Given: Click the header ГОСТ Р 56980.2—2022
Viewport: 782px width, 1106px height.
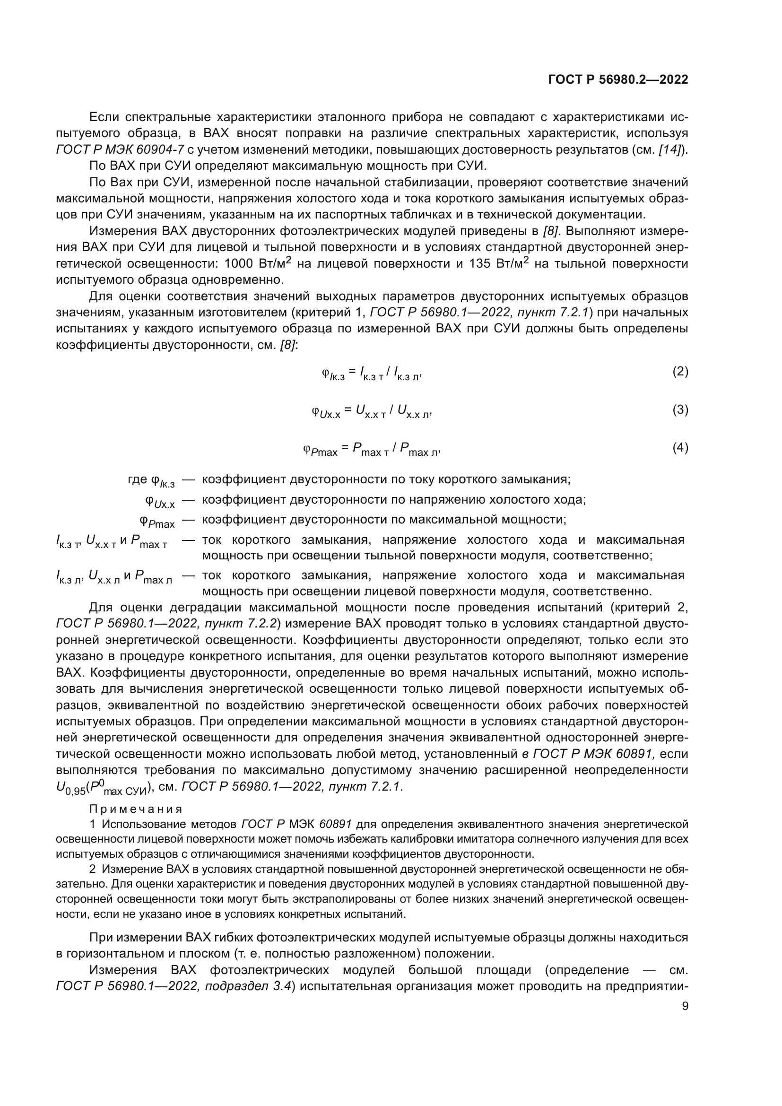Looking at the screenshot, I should (618, 79).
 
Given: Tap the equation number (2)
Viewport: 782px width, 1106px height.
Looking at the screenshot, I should (680, 371).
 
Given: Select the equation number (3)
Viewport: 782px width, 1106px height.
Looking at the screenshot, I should (680, 410).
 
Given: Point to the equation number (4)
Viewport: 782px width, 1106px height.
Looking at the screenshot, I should (680, 448).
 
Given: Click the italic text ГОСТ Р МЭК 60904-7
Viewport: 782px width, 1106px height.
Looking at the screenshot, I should (120, 150).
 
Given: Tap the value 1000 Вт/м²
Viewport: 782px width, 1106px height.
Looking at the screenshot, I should (258, 263).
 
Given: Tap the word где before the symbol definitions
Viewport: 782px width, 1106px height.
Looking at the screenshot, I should (137, 479).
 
